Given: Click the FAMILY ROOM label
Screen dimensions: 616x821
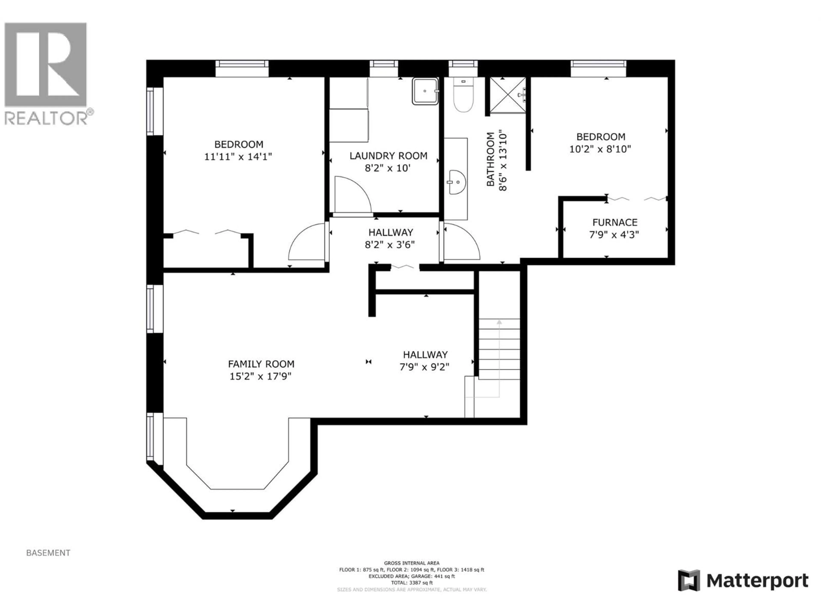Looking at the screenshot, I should [261, 364].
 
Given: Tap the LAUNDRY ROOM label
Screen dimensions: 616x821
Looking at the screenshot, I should [388, 155].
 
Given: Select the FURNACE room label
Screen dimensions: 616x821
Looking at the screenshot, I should [615, 222].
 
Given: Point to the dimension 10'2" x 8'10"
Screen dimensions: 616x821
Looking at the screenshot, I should [600, 149].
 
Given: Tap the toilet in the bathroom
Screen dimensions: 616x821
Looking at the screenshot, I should [464, 97].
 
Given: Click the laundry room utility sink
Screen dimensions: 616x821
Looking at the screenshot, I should [425, 91].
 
